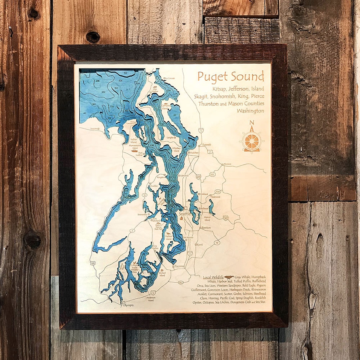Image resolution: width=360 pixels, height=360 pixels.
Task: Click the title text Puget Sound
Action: [x=231, y=76]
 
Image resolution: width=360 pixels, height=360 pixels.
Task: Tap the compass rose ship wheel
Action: [x=252, y=141]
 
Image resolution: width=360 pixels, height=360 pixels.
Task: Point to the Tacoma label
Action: [x=179, y=266]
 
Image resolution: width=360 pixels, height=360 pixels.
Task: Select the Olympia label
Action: [x=128, y=305]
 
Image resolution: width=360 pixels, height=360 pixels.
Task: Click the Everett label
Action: [x=207, y=145]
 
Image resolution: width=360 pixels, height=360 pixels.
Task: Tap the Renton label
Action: [x=207, y=228]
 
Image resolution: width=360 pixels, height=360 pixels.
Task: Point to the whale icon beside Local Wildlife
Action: [x=229, y=277]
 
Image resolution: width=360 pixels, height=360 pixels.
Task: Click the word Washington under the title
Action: [x=250, y=111]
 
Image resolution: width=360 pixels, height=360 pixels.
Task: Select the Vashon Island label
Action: [x=169, y=238]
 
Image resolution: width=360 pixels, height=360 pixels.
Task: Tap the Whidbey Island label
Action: [x=176, y=149]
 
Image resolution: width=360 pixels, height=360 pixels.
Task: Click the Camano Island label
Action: [x=165, y=107]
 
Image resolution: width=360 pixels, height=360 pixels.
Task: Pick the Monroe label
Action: [x=227, y=164]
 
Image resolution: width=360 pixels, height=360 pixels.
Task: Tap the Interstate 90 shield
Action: [x=226, y=218]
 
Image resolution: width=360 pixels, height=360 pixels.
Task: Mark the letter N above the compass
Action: [x=252, y=123]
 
